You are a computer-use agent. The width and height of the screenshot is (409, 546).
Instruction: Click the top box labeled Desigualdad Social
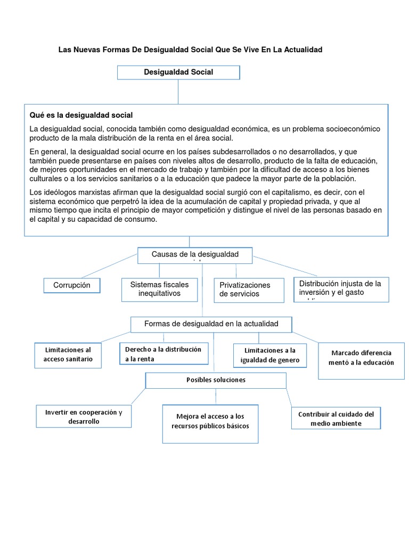(178, 73)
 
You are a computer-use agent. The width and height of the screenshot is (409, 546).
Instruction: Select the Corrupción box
(72, 285)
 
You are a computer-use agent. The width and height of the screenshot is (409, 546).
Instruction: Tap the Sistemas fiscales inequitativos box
(159, 289)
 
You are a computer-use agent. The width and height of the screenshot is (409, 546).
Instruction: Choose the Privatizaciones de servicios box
(249, 290)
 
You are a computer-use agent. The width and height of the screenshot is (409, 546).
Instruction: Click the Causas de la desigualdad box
(195, 255)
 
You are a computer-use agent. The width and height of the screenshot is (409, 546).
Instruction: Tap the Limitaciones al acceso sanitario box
(68, 355)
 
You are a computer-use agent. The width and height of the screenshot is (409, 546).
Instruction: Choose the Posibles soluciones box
(216, 380)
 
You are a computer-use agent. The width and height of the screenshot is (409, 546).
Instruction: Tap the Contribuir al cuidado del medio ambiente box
(336, 419)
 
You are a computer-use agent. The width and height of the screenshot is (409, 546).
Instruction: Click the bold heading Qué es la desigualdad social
(81, 115)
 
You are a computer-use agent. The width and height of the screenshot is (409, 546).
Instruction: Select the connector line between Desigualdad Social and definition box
(178, 92)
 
